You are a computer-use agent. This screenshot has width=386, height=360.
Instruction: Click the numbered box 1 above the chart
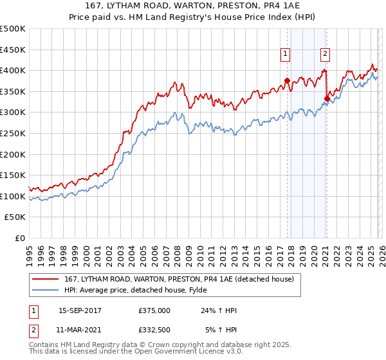[x=284, y=54]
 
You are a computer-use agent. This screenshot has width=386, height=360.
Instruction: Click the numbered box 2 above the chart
[x=326, y=54]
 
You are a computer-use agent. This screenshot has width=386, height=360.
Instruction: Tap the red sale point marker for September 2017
[x=287, y=81]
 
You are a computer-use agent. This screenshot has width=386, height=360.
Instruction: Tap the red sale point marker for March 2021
[x=327, y=98]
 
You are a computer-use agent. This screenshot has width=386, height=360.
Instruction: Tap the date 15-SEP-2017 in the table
[x=80, y=310]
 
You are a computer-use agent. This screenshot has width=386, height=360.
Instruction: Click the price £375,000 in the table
[x=154, y=310]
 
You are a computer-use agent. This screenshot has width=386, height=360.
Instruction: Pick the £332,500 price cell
[x=154, y=330]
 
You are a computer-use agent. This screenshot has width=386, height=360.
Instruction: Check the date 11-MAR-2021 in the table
[x=80, y=330]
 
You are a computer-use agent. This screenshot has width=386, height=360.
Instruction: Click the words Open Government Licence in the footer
[x=187, y=353]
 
